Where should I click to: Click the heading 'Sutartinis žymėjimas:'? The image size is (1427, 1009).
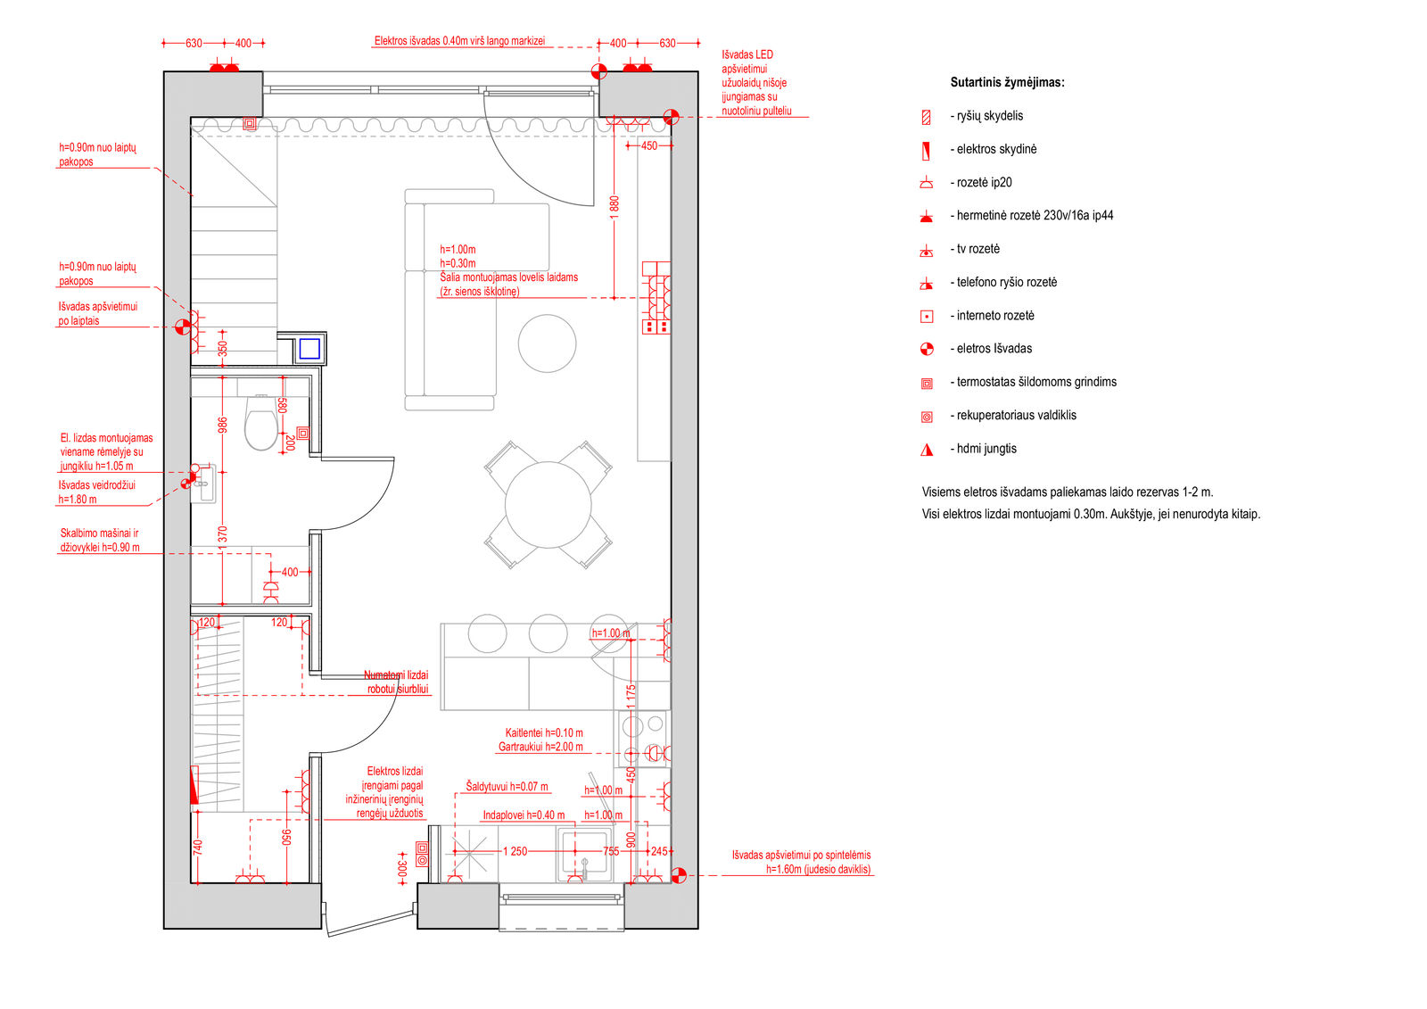(1007, 82)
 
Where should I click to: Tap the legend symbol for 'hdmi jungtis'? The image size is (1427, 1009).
(927, 450)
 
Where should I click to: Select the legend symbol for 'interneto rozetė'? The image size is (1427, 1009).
(927, 317)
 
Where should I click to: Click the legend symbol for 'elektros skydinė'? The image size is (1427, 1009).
(927, 151)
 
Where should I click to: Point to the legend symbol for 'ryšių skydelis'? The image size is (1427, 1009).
(927, 117)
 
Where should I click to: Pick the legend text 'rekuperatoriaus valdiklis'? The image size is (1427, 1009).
(1017, 415)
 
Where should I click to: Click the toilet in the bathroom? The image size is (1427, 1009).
(261, 422)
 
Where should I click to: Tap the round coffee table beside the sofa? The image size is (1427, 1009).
(548, 343)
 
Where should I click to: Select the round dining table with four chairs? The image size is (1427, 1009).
(548, 505)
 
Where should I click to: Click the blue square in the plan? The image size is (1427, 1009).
(309, 349)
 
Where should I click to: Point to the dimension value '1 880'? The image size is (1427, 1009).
(615, 208)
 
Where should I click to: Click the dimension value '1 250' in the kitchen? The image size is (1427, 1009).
(515, 852)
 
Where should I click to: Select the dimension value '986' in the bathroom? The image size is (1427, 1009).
(222, 426)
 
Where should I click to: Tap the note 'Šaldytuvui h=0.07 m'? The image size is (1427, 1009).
(507, 787)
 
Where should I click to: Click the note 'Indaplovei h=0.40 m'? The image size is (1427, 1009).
(524, 815)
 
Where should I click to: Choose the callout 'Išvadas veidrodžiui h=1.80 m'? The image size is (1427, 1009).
(97, 492)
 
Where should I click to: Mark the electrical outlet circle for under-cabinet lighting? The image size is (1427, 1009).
(679, 876)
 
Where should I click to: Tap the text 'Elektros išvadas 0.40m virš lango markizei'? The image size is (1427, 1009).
(459, 41)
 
